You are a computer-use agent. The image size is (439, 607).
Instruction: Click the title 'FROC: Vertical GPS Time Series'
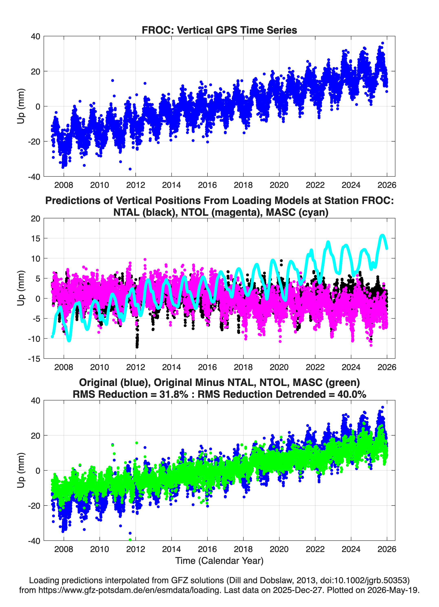pos(219,30)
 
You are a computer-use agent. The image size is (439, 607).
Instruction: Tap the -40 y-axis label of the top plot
pos(34,177)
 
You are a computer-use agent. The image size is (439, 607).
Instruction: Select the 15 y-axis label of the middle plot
pos(35,238)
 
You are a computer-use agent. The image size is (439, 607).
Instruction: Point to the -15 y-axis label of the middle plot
pos(34,359)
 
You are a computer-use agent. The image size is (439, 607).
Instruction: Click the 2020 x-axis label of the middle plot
pos(279,367)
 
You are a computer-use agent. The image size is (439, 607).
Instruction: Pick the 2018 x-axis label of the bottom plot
pos(243,549)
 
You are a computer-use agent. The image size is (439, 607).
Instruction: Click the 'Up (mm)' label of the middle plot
pos(21,288)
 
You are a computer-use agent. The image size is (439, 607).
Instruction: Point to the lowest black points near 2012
pos(137,346)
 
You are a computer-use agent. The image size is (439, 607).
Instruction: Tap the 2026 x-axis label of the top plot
pos(387,185)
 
